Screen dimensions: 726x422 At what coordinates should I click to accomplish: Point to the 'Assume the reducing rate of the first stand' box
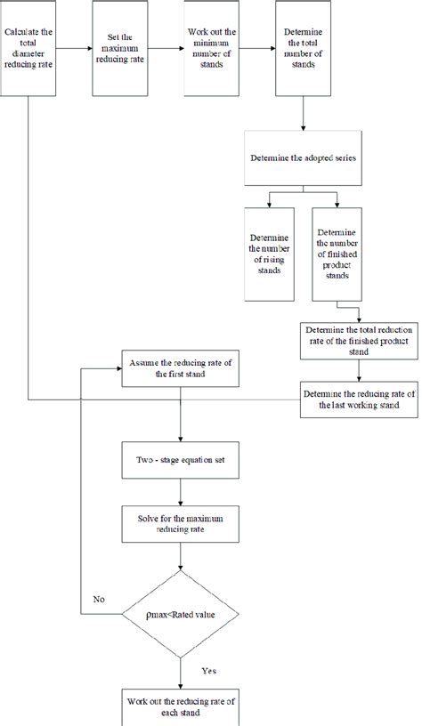click(x=181, y=368)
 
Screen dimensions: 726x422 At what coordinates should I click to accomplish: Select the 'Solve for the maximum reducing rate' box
click(x=181, y=525)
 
